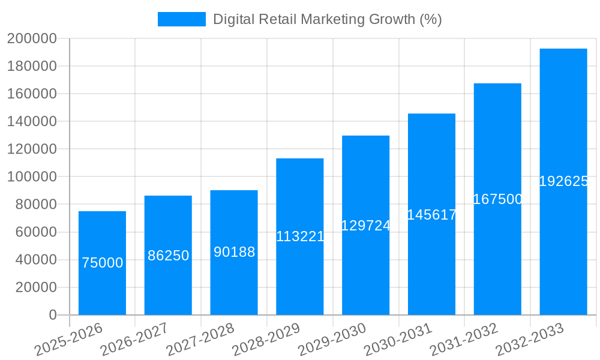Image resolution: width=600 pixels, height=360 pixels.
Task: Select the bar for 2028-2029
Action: click(300, 276)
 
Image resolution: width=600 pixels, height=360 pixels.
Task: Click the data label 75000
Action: click(102, 263)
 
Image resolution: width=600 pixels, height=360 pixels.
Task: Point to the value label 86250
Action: click(168, 256)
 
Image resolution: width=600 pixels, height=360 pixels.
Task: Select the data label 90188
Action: click(234, 252)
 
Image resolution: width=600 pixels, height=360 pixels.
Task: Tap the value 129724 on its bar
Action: click(365, 226)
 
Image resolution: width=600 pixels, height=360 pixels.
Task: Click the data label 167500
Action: click(497, 199)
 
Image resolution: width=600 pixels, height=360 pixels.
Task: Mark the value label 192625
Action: click(563, 181)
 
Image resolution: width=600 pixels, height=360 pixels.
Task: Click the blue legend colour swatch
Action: click(181, 19)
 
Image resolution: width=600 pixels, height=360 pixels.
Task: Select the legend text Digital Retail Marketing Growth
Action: click(327, 19)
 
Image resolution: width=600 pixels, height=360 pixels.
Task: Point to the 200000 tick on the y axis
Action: click(31, 39)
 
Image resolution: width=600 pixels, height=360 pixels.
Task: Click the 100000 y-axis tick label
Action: click(31, 177)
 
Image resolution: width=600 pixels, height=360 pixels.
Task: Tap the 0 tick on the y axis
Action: click(52, 315)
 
